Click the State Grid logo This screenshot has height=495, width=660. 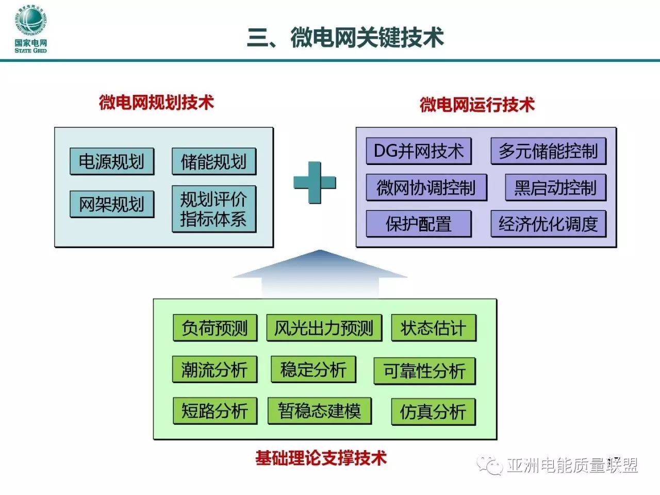pyautogui.click(x=31, y=29)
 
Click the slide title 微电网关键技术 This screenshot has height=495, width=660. pyautogui.click(x=345, y=38)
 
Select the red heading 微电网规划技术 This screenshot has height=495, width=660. pyautogui.click(x=156, y=102)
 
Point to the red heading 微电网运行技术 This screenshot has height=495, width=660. pyautogui.click(x=477, y=105)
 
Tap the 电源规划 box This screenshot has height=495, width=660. pyautogui.click(x=111, y=162)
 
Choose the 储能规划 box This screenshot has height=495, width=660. pyautogui.click(x=213, y=162)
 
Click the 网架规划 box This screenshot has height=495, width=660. pyautogui.click(x=111, y=204)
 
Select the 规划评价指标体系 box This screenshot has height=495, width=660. pyautogui.click(x=213, y=209)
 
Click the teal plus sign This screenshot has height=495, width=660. pyautogui.click(x=315, y=182)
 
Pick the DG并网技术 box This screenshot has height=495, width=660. pyautogui.click(x=419, y=151)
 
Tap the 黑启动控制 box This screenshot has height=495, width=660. pyautogui.click(x=555, y=188)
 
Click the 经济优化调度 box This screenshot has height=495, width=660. pyautogui.click(x=548, y=224)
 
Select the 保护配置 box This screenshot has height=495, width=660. pyautogui.click(x=419, y=224)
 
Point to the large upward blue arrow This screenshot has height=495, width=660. pyautogui.click(x=320, y=273)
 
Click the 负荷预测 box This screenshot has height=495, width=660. pyautogui.click(x=214, y=328)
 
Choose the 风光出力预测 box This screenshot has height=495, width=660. pyautogui.click(x=324, y=328)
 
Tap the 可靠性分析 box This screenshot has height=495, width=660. pyautogui.click(x=424, y=371)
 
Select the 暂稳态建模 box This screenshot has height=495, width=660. pyautogui.click(x=319, y=411)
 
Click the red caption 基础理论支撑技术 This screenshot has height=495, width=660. pyautogui.click(x=321, y=457)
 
